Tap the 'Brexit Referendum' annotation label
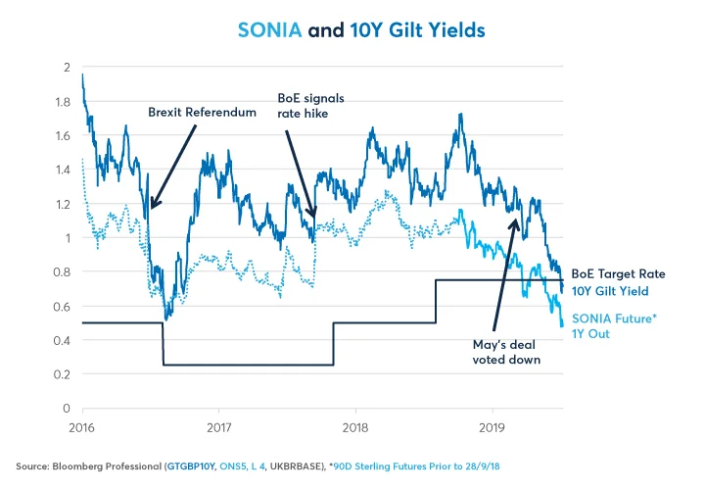(x=202, y=113)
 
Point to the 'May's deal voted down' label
(x=505, y=352)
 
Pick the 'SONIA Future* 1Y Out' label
(x=600, y=324)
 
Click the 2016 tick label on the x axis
(x=82, y=427)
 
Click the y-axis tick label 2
(x=67, y=67)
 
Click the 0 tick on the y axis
(x=67, y=408)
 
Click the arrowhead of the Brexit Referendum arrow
(x=150, y=208)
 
